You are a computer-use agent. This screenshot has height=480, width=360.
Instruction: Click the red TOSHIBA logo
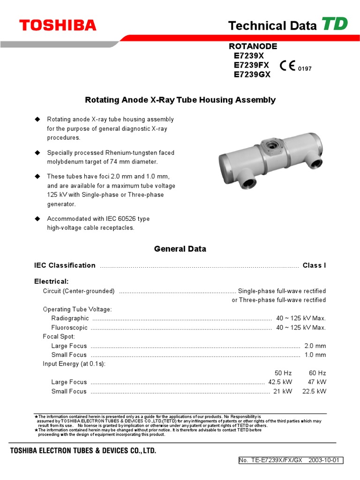tap(58, 25)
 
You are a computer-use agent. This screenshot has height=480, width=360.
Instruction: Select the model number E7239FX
tap(253, 65)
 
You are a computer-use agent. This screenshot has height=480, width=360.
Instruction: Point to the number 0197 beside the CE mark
tap(305, 69)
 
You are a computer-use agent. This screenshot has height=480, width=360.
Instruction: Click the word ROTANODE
tap(253, 46)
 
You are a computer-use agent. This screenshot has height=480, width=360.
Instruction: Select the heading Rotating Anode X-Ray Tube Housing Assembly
tap(180, 100)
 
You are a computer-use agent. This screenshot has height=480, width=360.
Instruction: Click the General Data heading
tap(180, 249)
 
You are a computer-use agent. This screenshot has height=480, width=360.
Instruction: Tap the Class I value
tap(314, 265)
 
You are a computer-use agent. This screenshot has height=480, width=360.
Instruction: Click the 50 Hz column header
tap(283, 373)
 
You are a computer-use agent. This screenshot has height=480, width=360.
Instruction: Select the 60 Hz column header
tap(317, 373)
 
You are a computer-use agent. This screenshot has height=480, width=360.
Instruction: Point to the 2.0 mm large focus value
tap(315, 346)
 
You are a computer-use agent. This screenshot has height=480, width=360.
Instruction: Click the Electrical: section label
tap(52, 281)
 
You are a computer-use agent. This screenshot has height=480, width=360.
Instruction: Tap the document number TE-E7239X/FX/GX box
tap(291, 460)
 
